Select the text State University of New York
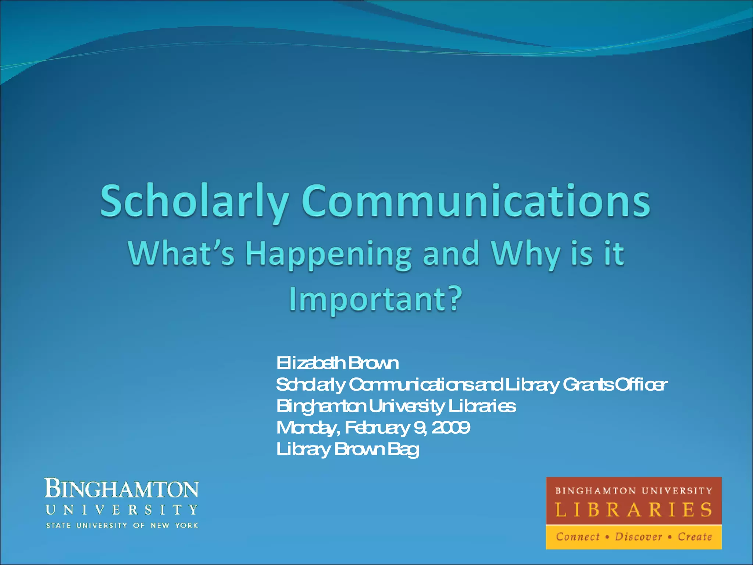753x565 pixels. (x=122, y=526)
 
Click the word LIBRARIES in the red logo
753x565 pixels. (x=634, y=510)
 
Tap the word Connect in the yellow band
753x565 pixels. (x=578, y=537)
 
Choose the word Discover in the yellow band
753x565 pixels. (x=638, y=537)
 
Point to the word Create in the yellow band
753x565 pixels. (x=695, y=537)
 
